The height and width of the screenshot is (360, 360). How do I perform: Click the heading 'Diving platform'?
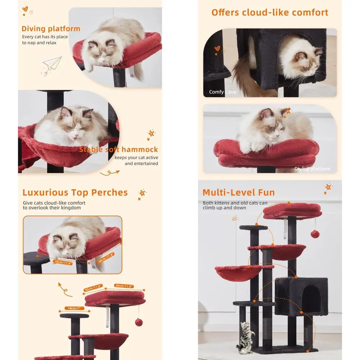(x=51, y=29)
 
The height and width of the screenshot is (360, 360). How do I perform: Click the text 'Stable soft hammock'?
(x=118, y=149)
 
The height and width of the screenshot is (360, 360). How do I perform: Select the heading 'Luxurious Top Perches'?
(x=75, y=193)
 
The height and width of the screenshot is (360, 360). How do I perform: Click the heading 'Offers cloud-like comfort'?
(x=270, y=13)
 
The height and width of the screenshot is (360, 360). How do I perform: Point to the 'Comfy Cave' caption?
(x=222, y=92)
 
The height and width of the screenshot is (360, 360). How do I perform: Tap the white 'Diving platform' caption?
(x=312, y=169)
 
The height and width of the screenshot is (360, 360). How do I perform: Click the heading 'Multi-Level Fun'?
(x=238, y=193)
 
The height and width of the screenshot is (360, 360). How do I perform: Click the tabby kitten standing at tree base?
(x=245, y=337)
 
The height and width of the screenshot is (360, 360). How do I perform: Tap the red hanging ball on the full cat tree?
(x=315, y=234)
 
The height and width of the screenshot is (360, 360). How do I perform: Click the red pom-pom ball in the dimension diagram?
(x=138, y=321)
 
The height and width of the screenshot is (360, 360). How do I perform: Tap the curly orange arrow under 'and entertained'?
(x=109, y=173)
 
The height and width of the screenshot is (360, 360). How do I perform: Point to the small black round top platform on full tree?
(x=253, y=228)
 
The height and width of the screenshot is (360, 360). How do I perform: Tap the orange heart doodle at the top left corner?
(x=25, y=9)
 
